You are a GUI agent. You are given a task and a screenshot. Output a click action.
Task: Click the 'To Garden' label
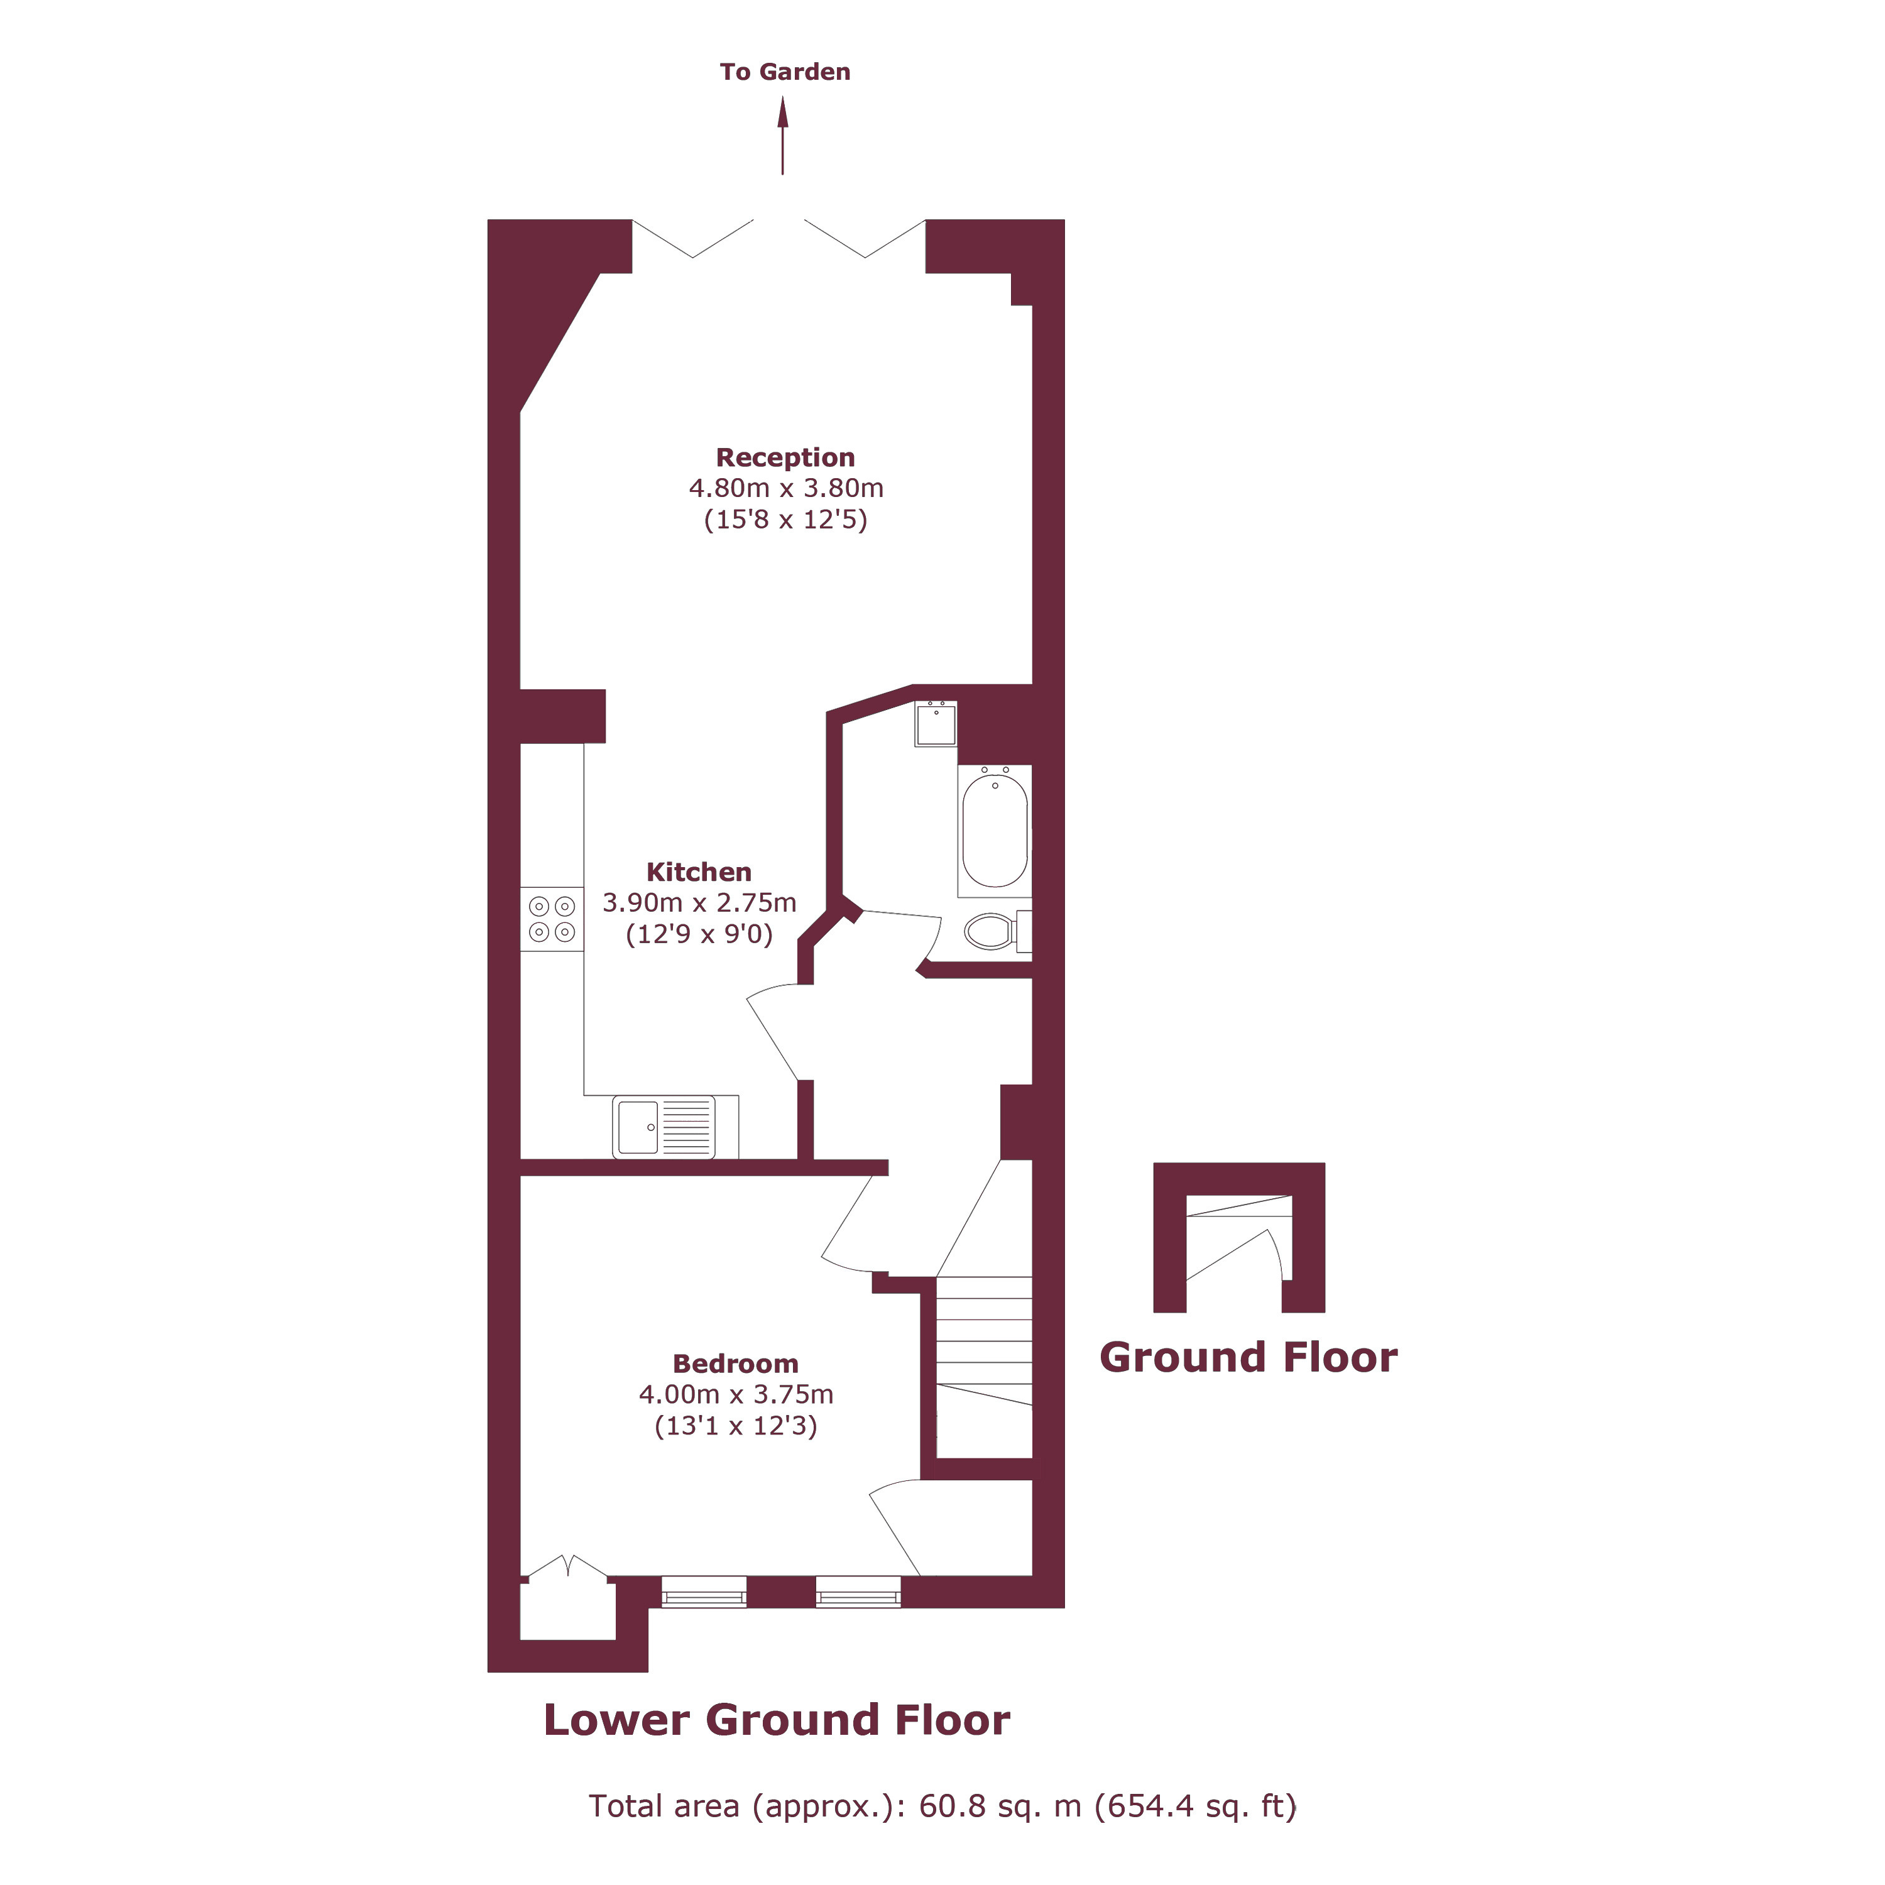click(x=784, y=72)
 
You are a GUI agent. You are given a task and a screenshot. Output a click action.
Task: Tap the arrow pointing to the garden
click(x=782, y=136)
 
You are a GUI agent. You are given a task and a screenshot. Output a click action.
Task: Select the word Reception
click(x=785, y=457)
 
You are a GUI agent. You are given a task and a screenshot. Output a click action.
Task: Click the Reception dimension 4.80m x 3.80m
click(x=787, y=488)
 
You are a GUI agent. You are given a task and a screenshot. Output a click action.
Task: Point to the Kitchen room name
click(x=699, y=872)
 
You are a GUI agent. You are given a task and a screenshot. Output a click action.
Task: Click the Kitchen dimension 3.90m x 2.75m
click(x=699, y=902)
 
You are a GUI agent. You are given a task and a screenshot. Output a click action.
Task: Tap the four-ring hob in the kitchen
click(x=551, y=919)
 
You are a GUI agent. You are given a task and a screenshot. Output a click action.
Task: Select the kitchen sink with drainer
click(x=664, y=1127)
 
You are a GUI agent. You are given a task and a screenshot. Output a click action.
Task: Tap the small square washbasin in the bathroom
click(x=936, y=724)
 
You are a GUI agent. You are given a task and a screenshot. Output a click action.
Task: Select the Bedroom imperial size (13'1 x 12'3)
click(x=736, y=1426)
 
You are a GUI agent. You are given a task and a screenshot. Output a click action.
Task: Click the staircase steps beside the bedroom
click(x=983, y=1366)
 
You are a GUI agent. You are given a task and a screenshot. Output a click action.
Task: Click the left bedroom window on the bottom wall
click(x=704, y=1592)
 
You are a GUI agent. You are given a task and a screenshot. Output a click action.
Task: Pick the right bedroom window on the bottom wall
click(x=858, y=1592)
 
